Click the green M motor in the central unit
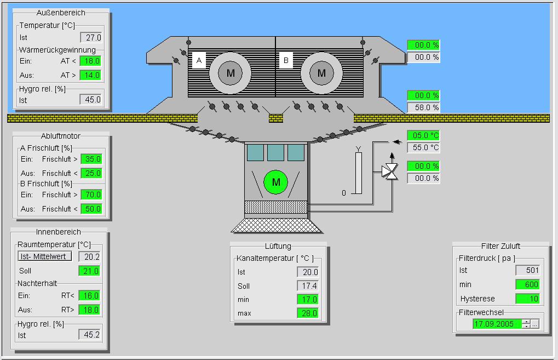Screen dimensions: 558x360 click(x=276, y=182)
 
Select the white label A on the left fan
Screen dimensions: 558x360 click(x=199, y=60)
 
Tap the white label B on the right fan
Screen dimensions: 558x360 click(x=286, y=60)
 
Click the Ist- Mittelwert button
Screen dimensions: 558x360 click(x=45, y=256)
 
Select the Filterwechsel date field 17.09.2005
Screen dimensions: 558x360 click(x=498, y=324)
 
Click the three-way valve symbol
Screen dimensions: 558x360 click(x=390, y=172)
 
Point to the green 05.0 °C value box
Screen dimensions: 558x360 click(x=423, y=135)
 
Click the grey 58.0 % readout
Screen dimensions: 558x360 click(x=423, y=107)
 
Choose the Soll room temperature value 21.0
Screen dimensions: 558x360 click(x=89, y=271)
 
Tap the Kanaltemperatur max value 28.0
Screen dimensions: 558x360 click(x=308, y=313)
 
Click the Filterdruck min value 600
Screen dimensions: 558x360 click(x=528, y=284)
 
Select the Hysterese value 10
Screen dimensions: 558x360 click(x=528, y=299)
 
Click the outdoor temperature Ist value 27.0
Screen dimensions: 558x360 click(x=91, y=37)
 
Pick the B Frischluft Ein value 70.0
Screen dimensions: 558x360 click(x=92, y=195)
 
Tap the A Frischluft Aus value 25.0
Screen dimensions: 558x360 click(x=92, y=173)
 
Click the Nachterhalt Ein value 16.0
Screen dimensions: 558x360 click(x=89, y=295)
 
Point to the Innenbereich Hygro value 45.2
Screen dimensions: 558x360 click(x=89, y=335)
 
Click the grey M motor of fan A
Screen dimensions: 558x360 click(x=230, y=73)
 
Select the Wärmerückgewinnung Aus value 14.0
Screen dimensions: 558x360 click(x=90, y=75)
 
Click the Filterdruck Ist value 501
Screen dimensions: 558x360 click(x=528, y=270)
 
